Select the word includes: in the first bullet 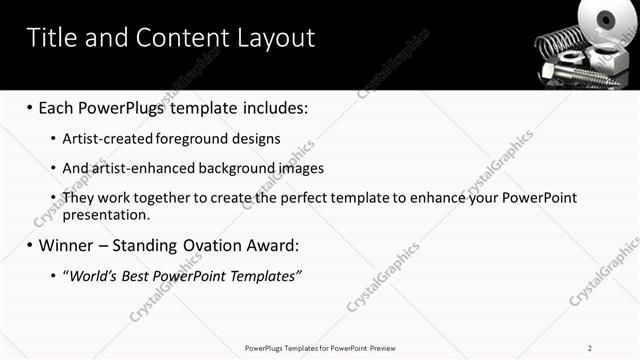tap(270, 106)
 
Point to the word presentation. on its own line tap(106, 214)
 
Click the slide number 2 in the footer tap(590, 348)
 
